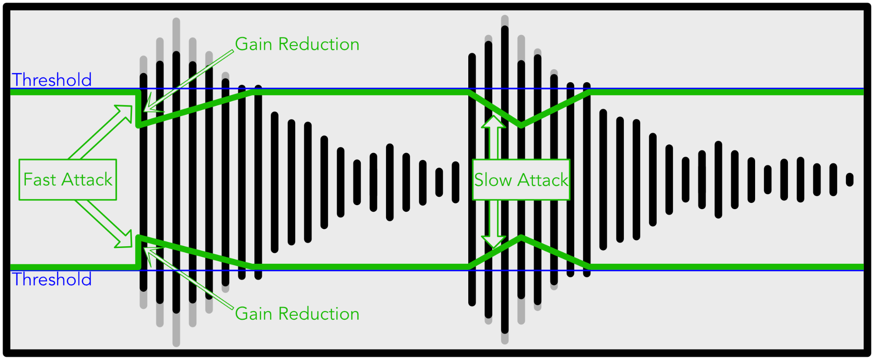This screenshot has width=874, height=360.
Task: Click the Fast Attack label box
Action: tap(68, 180)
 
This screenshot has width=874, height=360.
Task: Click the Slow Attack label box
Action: tap(521, 180)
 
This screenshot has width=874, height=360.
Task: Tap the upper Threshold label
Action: tap(52, 80)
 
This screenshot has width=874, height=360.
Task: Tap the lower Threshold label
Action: tap(52, 280)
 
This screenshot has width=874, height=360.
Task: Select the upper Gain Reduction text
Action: tap(297, 44)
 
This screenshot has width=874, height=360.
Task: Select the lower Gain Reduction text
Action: tap(297, 314)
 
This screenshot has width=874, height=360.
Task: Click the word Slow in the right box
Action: tap(493, 180)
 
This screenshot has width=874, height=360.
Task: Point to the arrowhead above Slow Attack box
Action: tap(494, 121)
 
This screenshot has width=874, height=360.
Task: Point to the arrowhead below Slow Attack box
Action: tap(494, 242)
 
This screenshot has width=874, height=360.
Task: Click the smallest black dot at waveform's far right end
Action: tap(850, 180)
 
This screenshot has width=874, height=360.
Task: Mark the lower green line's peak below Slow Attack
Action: tap(522, 238)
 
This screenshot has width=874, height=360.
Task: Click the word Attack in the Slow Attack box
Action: tap(543, 180)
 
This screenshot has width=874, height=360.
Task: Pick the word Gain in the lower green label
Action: tap(254, 314)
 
